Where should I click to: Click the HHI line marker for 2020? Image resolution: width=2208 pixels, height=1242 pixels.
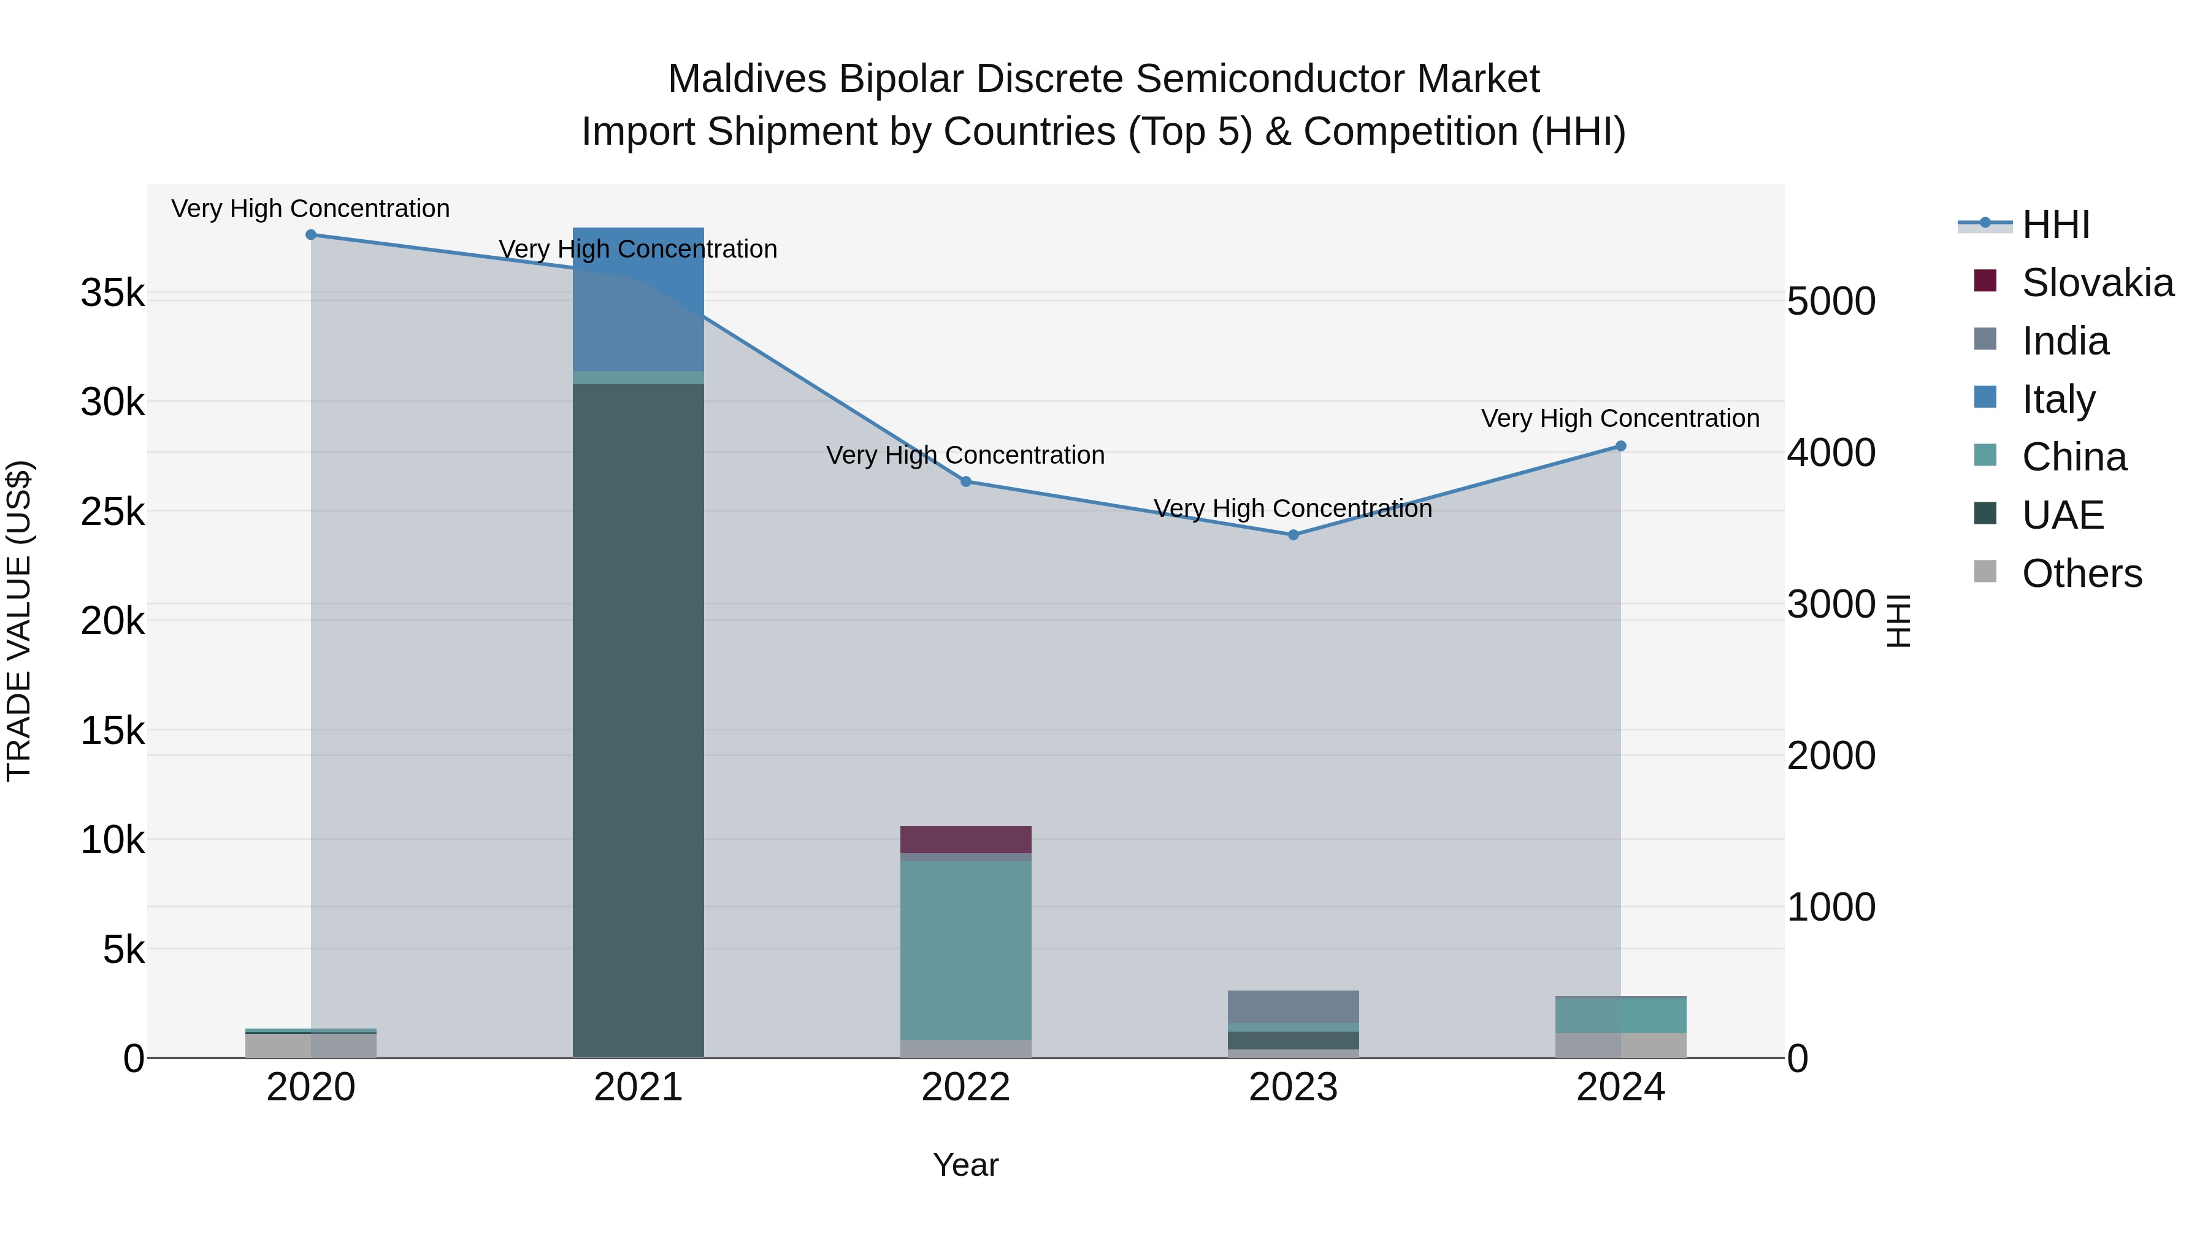[311, 235]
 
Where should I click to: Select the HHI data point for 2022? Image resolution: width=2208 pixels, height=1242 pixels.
[966, 481]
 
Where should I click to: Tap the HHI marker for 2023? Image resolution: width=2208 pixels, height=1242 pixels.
[1294, 535]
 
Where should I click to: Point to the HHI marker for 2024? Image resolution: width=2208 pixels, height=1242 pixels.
[1621, 447]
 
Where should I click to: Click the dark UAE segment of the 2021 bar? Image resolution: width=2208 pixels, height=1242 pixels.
[638, 720]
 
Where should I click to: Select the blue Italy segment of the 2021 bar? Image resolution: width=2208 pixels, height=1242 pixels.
[638, 300]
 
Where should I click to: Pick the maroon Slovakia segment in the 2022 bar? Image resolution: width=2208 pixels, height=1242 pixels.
[966, 839]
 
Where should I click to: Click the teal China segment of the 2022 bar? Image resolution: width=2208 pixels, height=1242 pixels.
[966, 949]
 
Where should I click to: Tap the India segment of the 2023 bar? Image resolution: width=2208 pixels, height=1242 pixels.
[1294, 1006]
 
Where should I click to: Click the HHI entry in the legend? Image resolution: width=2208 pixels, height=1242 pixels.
[2055, 224]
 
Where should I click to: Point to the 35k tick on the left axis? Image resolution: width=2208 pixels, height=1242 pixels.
[113, 293]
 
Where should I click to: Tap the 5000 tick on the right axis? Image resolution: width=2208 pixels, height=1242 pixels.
[1831, 302]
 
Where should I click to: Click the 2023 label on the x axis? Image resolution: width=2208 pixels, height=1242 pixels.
[1294, 1087]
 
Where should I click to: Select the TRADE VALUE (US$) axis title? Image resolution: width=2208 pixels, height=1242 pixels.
[19, 621]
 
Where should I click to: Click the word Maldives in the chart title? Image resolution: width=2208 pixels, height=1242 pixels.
[746, 79]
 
